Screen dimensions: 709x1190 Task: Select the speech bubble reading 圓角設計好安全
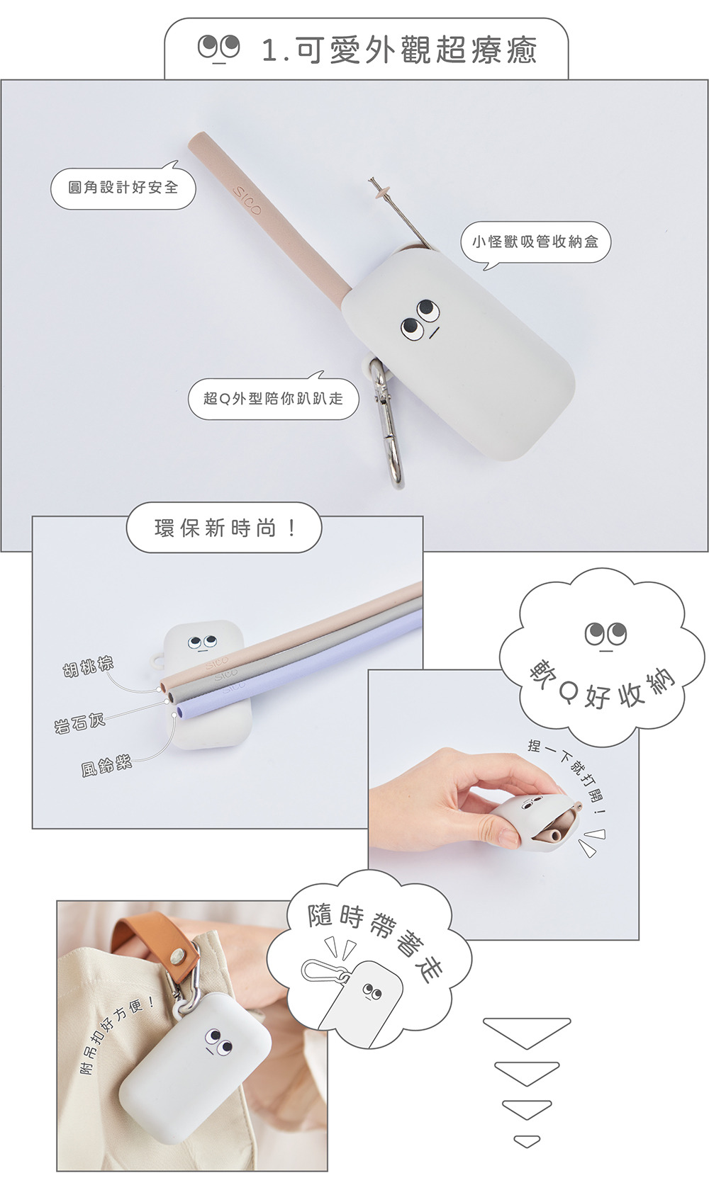tap(123, 186)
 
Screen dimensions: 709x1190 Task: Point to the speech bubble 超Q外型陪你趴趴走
tap(274, 397)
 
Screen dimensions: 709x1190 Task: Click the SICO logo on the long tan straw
tap(247, 201)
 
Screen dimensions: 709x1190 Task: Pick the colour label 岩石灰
tap(79, 722)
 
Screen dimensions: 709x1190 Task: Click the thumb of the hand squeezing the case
tap(491, 836)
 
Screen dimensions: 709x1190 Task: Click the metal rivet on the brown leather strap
tap(175, 956)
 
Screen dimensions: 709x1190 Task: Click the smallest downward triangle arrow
tap(527, 1140)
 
